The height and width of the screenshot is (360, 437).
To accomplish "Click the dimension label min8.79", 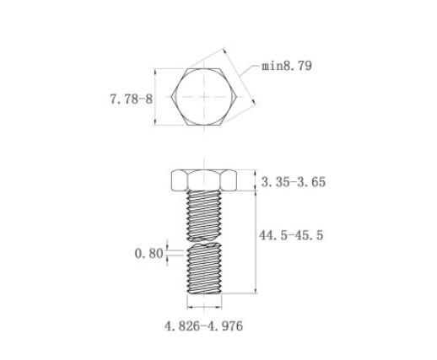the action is click(x=287, y=66).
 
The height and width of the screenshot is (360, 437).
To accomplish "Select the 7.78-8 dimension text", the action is click(x=131, y=99).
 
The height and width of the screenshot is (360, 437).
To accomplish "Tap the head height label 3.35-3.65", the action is click(x=294, y=182).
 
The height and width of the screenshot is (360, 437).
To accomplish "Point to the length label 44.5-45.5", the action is click(x=291, y=235).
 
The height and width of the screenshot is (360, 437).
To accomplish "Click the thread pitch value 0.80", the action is click(x=148, y=254).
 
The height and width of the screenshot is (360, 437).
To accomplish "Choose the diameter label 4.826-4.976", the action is click(x=203, y=326).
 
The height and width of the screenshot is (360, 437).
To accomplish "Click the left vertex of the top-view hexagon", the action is click(x=171, y=97).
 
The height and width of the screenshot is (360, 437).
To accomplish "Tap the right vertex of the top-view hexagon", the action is click(x=237, y=97).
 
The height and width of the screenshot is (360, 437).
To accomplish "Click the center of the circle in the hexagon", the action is click(x=204, y=97).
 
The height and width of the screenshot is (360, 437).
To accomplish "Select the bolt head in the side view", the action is click(x=204, y=180).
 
